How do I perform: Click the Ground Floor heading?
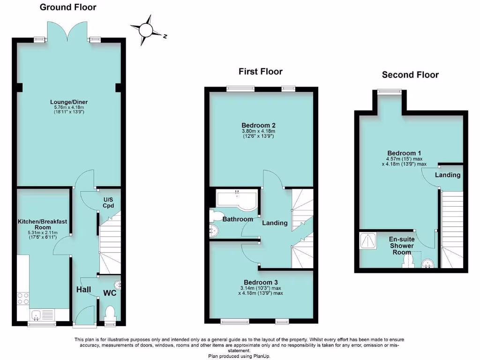click(68, 7)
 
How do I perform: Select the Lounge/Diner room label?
click(69, 102)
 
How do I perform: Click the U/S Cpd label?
click(109, 202)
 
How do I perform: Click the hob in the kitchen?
click(22, 298)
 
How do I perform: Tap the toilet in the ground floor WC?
click(110, 313)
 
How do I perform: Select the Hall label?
click(83, 290)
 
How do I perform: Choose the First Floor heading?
click(260, 72)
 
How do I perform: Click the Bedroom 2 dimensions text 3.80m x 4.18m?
click(258, 131)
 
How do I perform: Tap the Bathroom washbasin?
click(214, 230)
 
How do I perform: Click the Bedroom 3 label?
click(260, 282)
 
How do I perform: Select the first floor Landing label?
click(275, 223)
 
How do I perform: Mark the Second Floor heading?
click(410, 75)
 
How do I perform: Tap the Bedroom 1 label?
click(404, 153)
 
